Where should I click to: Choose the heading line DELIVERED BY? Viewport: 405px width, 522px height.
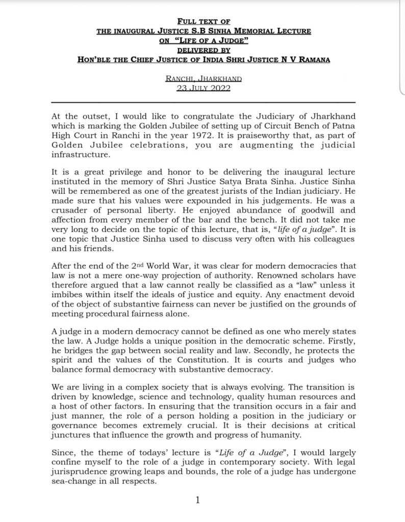(x=204, y=50)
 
